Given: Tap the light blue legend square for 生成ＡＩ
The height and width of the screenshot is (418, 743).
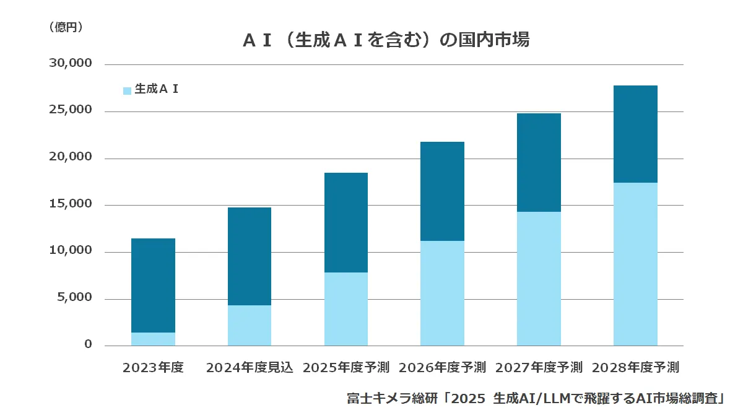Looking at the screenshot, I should (x=127, y=90).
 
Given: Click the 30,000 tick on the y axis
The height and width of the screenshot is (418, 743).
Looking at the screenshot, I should (x=70, y=64).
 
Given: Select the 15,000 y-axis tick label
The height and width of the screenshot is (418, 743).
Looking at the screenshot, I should (x=70, y=204).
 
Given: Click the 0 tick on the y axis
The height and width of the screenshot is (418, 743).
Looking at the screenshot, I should (x=88, y=344).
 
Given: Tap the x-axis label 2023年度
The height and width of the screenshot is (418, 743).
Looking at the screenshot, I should (x=153, y=367).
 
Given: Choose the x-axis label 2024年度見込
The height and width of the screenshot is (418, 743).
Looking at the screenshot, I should (x=250, y=367).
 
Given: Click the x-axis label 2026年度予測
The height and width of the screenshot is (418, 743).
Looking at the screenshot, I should (x=442, y=367).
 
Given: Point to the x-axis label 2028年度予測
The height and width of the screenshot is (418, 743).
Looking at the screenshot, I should (x=635, y=367).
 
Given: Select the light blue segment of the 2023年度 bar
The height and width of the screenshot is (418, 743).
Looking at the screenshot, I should (x=153, y=339).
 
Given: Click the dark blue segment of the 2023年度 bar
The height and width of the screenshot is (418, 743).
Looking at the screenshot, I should (x=153, y=285).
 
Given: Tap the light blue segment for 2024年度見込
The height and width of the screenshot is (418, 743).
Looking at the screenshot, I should (x=250, y=325).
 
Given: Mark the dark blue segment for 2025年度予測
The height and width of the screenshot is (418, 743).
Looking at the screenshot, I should (x=345, y=222).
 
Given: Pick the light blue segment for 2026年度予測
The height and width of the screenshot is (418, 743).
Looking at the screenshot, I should (x=442, y=293).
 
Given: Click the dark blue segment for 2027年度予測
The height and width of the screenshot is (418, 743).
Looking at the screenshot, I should (x=539, y=162).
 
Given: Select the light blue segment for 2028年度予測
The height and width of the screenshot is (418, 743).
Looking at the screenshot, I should (x=635, y=264).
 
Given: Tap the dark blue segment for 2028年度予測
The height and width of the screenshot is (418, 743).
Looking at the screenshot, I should (x=635, y=134).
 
